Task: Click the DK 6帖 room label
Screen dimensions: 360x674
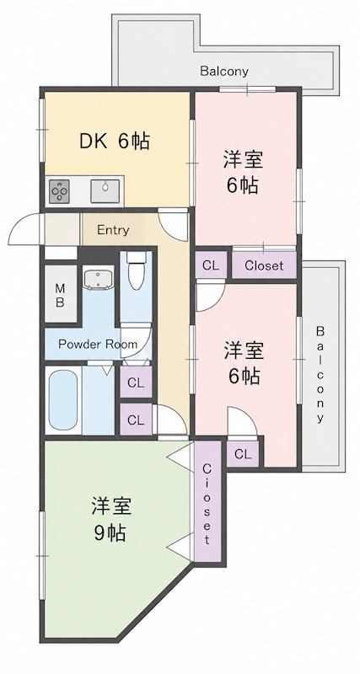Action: point(115,141)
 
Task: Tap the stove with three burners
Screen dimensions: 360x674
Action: point(59,191)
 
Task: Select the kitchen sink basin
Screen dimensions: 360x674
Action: point(105,190)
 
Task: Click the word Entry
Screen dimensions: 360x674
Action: point(113,230)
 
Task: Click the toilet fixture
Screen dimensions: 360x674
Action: point(137,270)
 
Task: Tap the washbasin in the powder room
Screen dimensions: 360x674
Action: point(99,280)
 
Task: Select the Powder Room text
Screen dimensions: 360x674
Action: point(98,344)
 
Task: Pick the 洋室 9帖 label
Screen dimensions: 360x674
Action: point(110,519)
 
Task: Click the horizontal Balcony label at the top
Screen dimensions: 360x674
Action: point(224,72)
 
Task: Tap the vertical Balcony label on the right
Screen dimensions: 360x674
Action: point(320,373)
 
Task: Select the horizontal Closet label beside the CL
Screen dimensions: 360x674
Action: point(264,265)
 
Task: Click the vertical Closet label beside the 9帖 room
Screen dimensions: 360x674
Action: point(207,503)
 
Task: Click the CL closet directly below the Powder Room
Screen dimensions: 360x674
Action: point(136,383)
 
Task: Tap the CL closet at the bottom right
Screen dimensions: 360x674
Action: point(243,454)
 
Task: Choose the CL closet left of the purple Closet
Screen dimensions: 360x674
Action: point(211,265)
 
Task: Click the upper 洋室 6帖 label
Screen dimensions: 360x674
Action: point(243,173)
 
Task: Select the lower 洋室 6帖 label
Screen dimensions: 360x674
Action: point(244,363)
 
